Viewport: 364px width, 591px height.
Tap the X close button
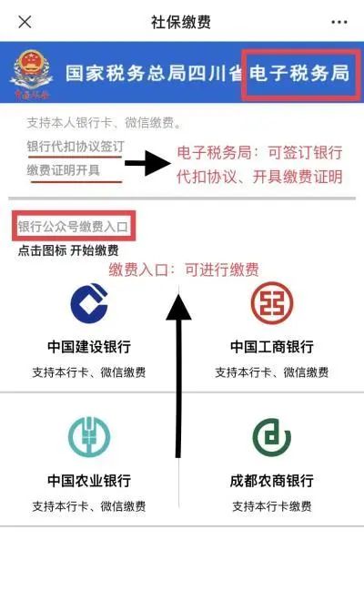click(25, 22)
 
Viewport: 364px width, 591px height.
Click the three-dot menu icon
click(339, 22)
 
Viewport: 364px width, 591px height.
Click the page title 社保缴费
click(181, 22)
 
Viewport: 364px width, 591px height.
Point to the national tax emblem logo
click(32, 74)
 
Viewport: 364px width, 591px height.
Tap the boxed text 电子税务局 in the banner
click(299, 73)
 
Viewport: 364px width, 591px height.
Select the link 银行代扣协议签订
click(76, 147)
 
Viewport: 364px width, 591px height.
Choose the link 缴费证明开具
click(64, 170)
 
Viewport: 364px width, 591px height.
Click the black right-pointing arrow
click(147, 163)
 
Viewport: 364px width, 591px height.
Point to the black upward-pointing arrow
click(178, 376)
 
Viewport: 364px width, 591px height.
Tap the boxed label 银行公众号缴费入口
click(74, 227)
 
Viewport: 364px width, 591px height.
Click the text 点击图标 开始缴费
click(68, 250)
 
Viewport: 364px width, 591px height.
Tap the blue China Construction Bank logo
click(89, 303)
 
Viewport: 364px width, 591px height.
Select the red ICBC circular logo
click(272, 303)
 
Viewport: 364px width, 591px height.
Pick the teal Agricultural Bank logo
click(89, 436)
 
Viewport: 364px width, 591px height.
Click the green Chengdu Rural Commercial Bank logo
click(272, 437)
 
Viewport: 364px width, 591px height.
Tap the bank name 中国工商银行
click(272, 347)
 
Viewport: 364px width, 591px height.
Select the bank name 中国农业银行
click(89, 481)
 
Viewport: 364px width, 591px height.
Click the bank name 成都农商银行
click(272, 481)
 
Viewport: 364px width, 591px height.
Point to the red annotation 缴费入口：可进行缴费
click(184, 270)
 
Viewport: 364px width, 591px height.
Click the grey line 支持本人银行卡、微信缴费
click(104, 123)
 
